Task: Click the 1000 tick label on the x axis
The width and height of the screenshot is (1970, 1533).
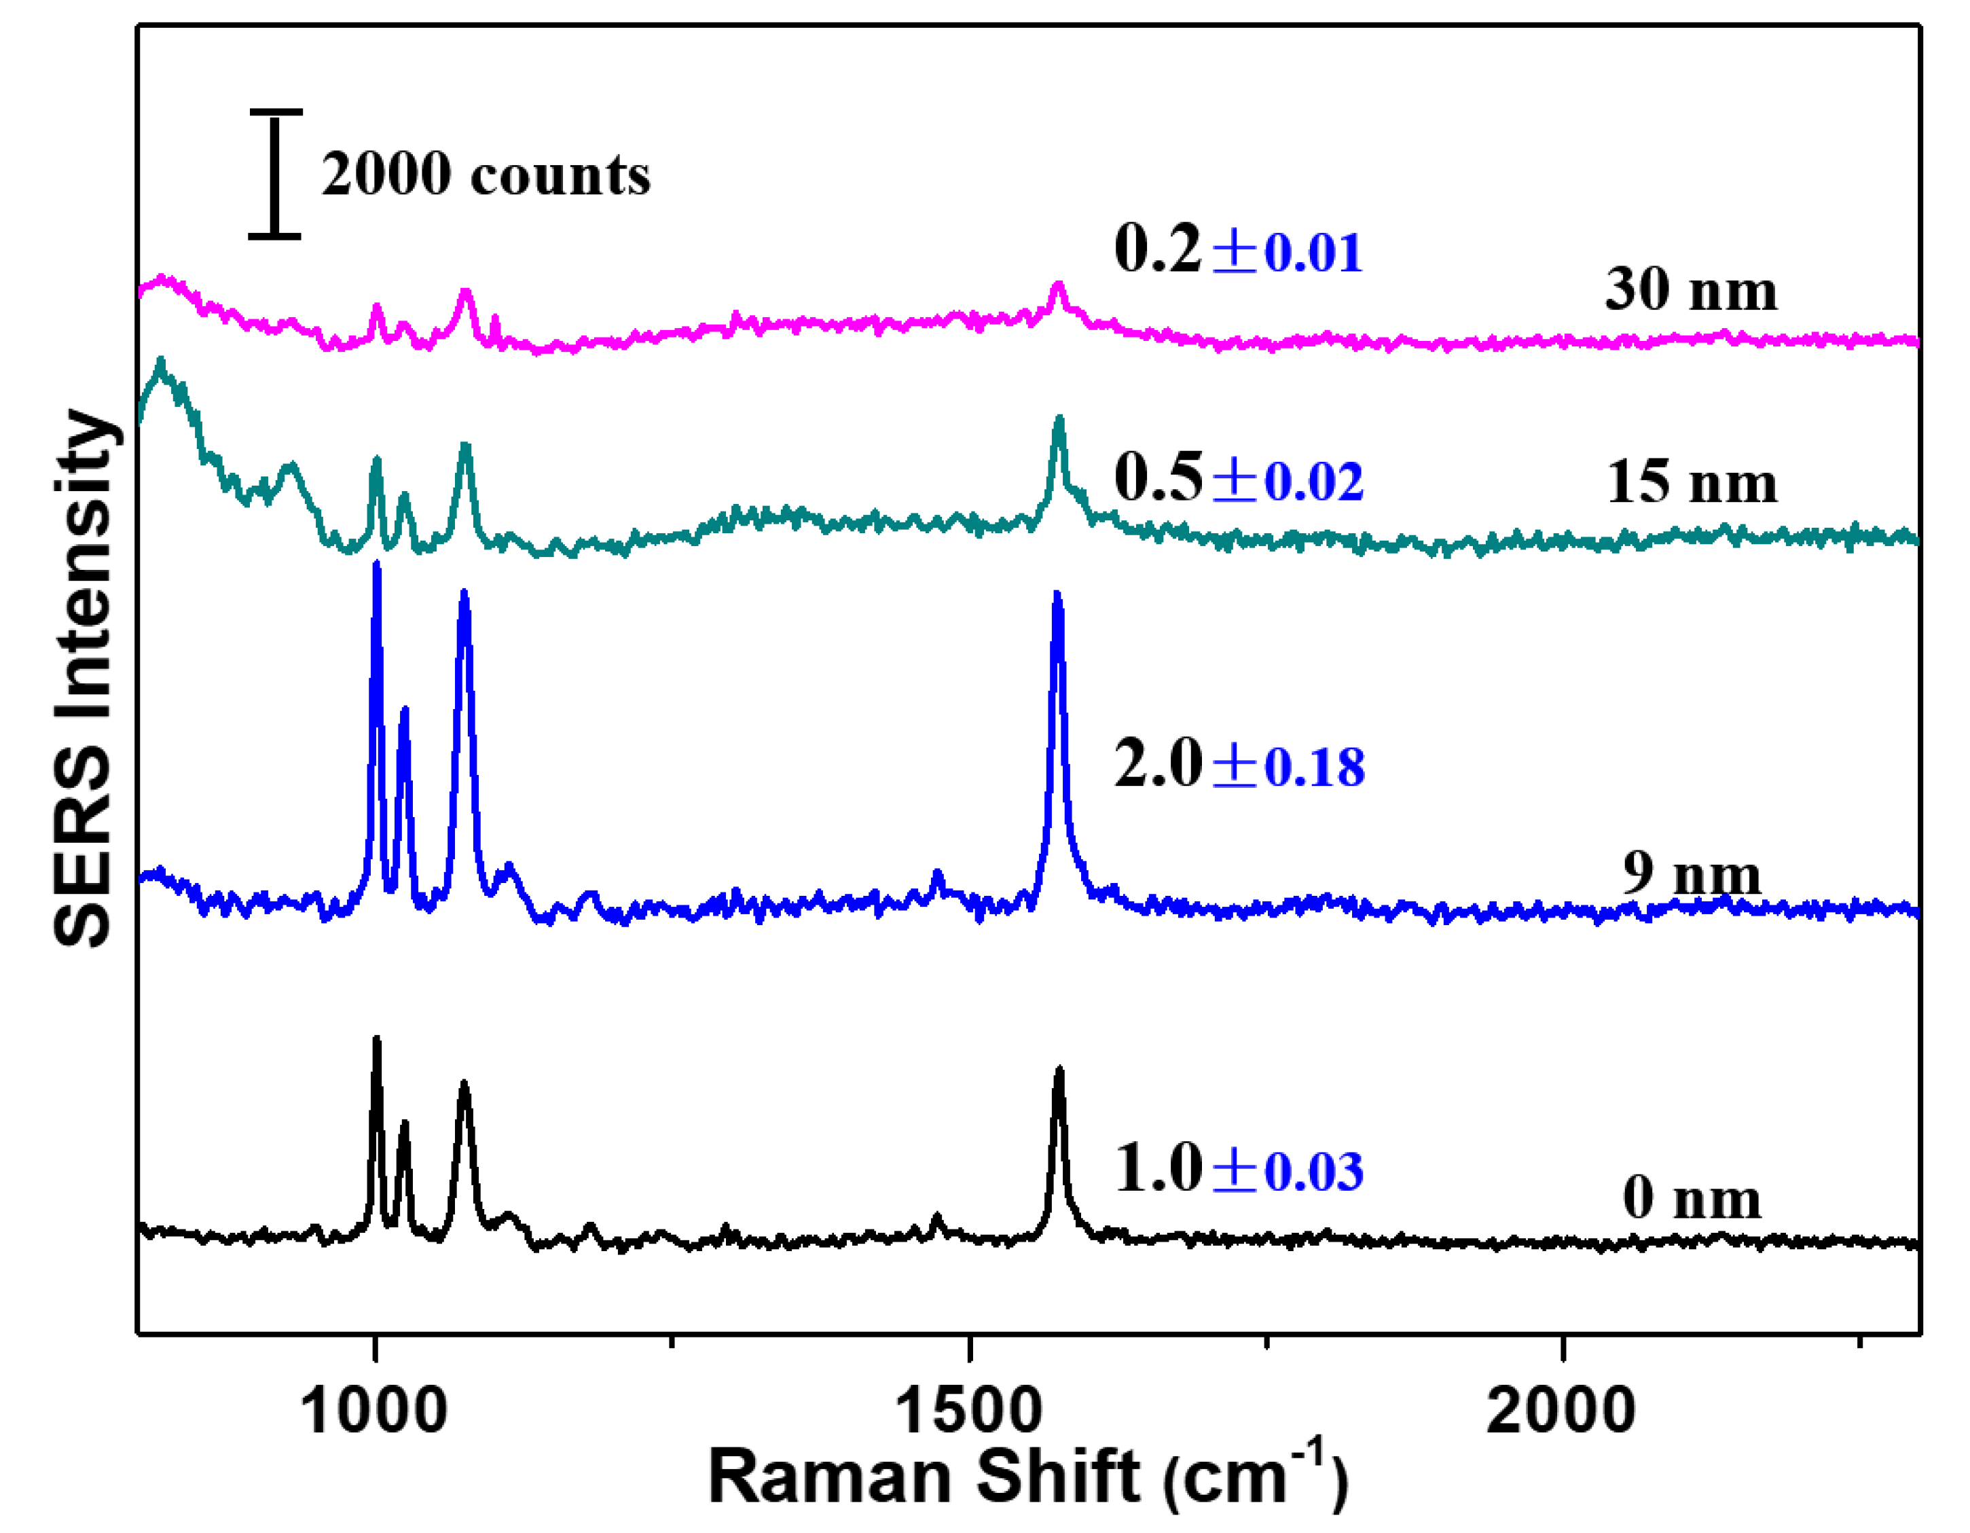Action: (373, 1409)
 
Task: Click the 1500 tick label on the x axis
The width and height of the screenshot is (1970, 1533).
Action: (968, 1409)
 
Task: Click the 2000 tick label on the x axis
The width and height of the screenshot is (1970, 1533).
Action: (1561, 1409)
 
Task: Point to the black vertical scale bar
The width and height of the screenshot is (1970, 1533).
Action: (275, 174)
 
